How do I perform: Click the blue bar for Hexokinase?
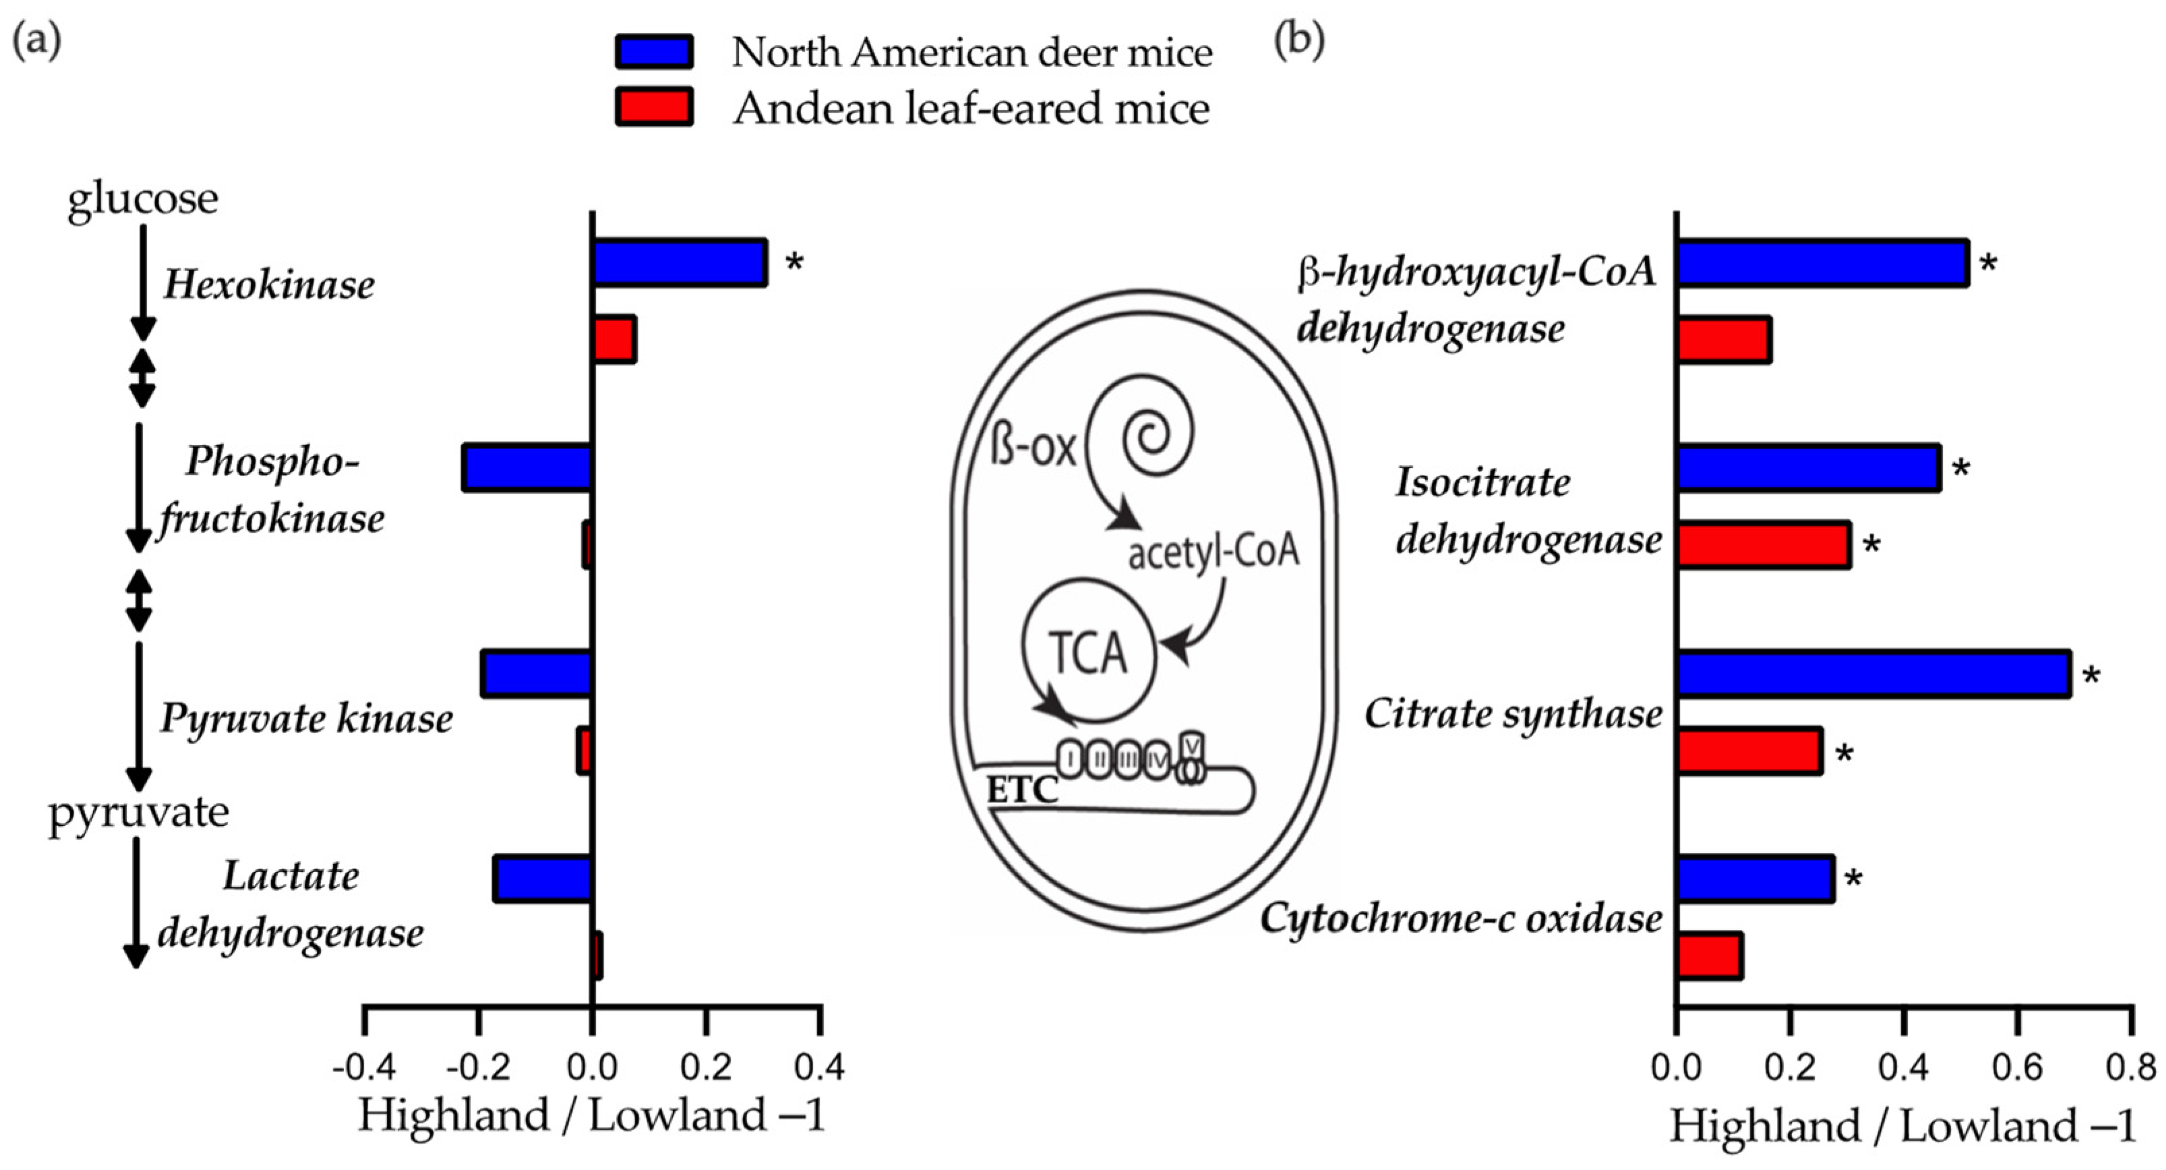click(x=680, y=263)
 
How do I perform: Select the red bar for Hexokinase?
click(x=615, y=340)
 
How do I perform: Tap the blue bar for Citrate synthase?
click(x=1873, y=674)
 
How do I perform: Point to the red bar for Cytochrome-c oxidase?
click(x=1710, y=956)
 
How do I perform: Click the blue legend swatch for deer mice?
click(x=654, y=52)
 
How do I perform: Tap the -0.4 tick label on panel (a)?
click(x=364, y=1067)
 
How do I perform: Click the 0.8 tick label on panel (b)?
click(x=2131, y=1067)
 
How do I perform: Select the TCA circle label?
click(x=1088, y=653)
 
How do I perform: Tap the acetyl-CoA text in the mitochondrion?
click(x=1213, y=552)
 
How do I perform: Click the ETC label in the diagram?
click(x=1021, y=790)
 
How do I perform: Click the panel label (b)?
click(x=1299, y=40)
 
